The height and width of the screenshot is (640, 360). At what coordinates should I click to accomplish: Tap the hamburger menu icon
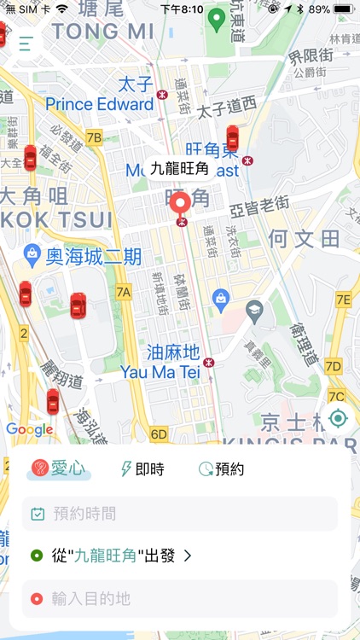tap(26, 44)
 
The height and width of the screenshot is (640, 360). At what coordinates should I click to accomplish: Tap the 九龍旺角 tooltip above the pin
tap(179, 169)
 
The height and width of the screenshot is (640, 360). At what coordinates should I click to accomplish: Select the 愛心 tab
tap(59, 468)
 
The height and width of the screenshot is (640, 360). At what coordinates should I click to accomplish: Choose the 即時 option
tap(142, 468)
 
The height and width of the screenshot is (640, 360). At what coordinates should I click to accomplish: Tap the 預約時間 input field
tap(180, 514)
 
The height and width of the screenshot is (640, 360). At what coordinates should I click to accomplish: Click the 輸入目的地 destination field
tap(180, 599)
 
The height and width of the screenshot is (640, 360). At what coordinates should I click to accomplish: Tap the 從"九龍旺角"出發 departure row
tap(111, 556)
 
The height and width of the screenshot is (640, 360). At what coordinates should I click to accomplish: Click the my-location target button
tap(338, 418)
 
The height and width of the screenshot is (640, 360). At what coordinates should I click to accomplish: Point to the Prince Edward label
tap(99, 104)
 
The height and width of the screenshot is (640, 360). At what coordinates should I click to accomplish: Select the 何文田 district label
tap(305, 238)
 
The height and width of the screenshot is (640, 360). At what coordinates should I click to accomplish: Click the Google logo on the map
tap(29, 429)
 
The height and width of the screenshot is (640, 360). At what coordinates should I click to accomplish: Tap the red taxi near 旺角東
tap(232, 138)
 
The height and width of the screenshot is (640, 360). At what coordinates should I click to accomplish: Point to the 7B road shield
tap(94, 137)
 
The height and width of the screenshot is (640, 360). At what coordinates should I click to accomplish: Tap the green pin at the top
tap(216, 19)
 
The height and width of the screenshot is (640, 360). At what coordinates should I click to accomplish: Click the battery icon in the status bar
tap(343, 9)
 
